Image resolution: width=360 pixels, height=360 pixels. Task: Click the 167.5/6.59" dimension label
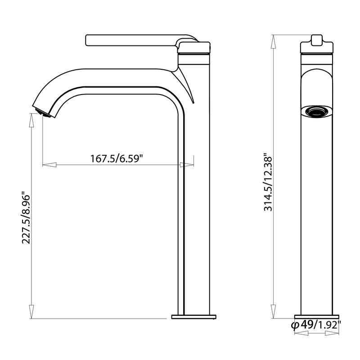(x=117, y=158)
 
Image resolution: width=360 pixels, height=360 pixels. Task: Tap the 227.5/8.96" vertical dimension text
(x=26, y=219)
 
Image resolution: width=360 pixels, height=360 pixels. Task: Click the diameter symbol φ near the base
(x=295, y=325)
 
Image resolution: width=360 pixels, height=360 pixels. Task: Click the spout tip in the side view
(x=41, y=111)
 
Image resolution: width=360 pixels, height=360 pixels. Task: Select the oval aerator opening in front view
(x=317, y=110)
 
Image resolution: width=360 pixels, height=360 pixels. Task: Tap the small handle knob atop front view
(x=317, y=39)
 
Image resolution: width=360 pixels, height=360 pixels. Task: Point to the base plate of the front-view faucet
(x=317, y=316)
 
